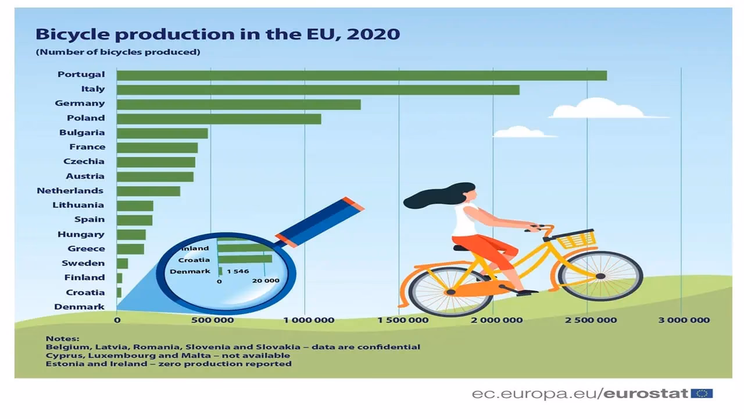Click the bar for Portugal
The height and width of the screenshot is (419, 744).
click(362, 76)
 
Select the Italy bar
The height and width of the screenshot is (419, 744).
click(318, 90)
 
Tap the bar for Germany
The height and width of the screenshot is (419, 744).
click(238, 104)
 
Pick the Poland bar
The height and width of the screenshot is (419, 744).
click(219, 119)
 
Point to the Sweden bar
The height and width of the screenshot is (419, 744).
click(122, 264)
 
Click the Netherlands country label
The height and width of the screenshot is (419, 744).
click(70, 191)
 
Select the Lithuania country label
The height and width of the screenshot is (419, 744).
click(78, 205)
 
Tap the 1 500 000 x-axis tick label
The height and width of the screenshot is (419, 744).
click(403, 320)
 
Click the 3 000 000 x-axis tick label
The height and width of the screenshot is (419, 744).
click(684, 320)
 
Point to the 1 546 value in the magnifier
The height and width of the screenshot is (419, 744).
click(238, 271)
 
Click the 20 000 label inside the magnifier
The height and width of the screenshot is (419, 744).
click(266, 280)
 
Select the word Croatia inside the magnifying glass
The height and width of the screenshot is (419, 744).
click(194, 260)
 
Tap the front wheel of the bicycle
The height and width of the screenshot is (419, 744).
click(600, 276)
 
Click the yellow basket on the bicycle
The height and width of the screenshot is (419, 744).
click(576, 239)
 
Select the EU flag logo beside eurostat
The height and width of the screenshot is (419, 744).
click(702, 393)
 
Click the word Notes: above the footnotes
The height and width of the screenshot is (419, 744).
click(62, 339)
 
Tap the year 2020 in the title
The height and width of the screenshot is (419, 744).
click(373, 34)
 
